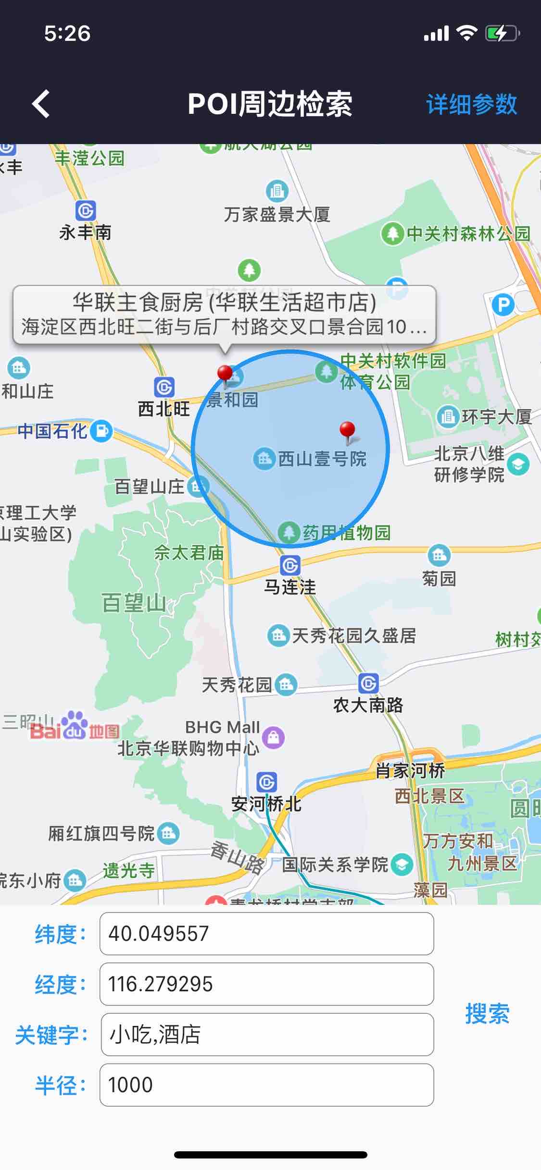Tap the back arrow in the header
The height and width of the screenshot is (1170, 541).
point(41,104)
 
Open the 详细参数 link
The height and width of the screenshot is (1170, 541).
point(471,104)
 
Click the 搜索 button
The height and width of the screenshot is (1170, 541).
point(487,1013)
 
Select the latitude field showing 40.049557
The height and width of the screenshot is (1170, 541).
point(266,934)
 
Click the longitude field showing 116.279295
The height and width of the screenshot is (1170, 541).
point(266,984)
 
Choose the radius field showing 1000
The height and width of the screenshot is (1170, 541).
point(266,1085)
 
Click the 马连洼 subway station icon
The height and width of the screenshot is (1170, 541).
point(290,565)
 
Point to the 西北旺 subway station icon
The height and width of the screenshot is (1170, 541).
point(164,387)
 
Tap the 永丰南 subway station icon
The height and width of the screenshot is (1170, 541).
point(86,211)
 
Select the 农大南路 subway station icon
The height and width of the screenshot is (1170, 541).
point(368,683)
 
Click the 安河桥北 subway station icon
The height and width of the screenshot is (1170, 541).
point(266,782)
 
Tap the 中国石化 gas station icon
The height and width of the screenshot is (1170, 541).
point(102,431)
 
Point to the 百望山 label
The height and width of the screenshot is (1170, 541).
point(134,603)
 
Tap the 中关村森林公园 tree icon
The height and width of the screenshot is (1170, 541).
point(392,234)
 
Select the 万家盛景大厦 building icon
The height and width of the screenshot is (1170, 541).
point(277,191)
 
